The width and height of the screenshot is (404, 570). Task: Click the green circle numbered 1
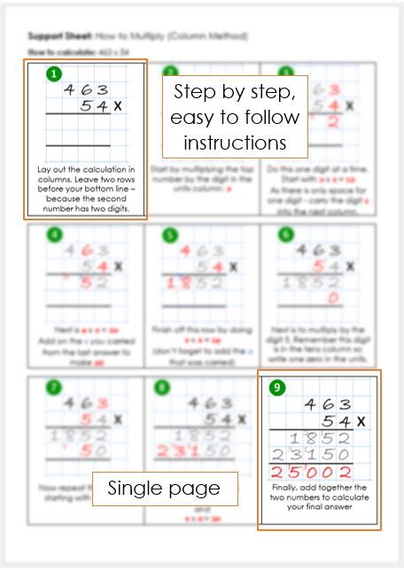pos(55,74)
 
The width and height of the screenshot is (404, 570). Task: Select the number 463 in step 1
pos(86,89)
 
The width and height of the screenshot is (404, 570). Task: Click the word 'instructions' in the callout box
pos(236,142)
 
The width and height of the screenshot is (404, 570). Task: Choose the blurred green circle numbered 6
pos(284,235)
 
